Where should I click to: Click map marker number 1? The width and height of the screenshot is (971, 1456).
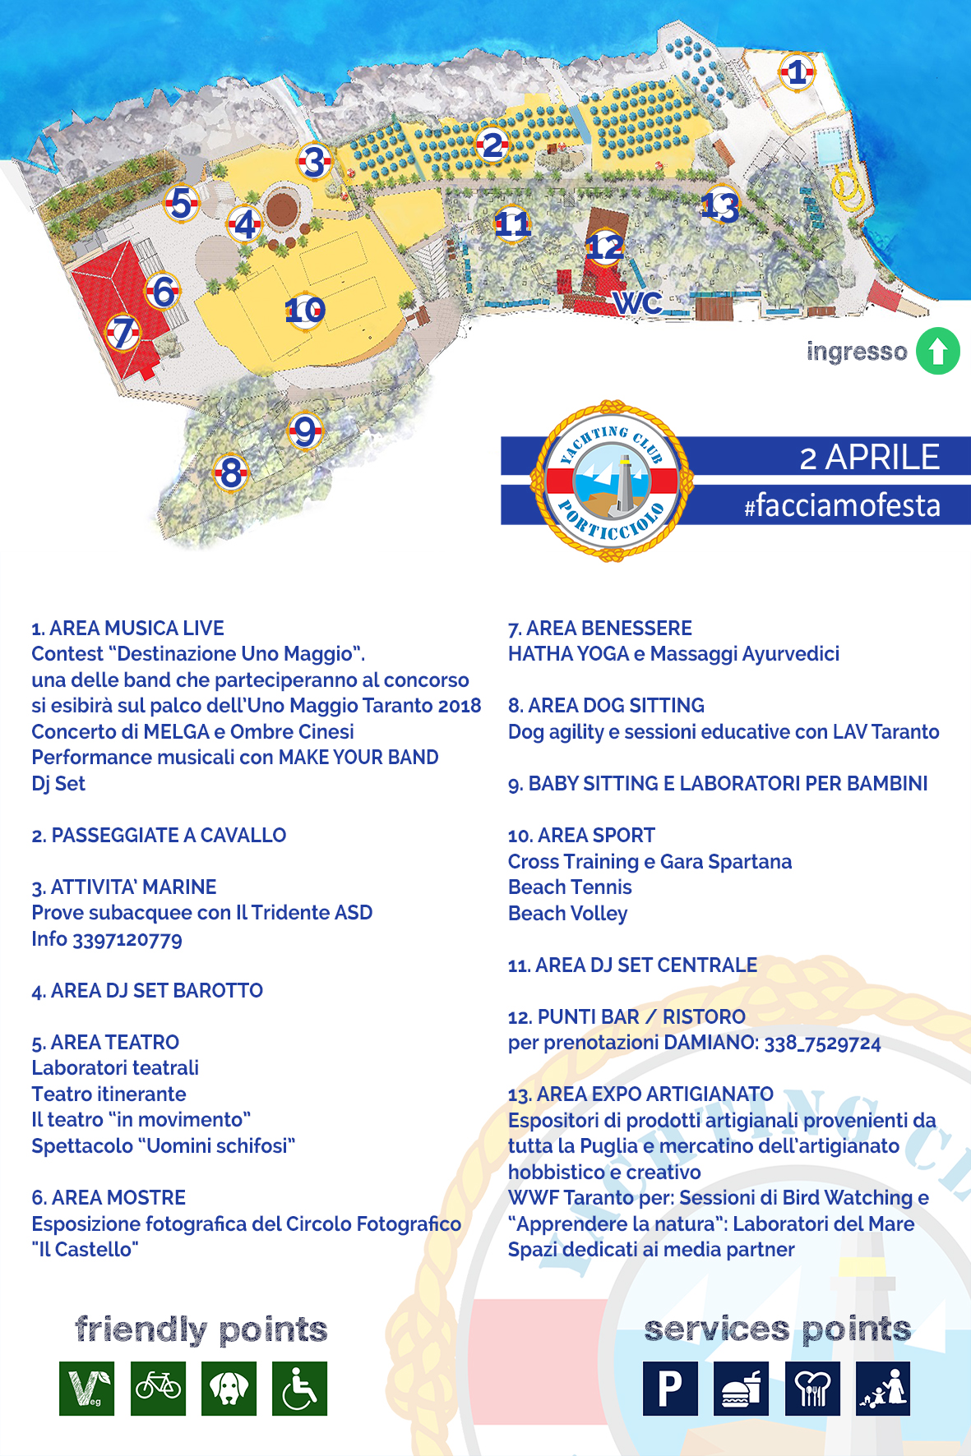[x=796, y=72]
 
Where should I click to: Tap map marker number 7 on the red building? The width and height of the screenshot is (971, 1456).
[x=123, y=333]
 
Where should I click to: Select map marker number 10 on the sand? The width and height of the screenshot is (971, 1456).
[x=305, y=311]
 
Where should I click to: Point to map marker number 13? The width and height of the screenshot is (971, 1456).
[x=720, y=205]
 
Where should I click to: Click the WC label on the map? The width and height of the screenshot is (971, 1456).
[x=637, y=303]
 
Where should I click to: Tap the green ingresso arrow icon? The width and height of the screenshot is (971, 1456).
[x=938, y=351]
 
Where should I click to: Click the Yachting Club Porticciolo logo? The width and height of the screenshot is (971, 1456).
[x=612, y=481]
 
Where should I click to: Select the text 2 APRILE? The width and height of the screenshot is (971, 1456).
[x=869, y=457]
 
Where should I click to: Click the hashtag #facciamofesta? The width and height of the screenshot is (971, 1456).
[x=842, y=505]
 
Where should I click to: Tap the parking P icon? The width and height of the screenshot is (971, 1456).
[x=670, y=1389]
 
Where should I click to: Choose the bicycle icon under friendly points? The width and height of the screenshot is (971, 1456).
[x=158, y=1389]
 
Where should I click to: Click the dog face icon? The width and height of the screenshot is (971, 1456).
[x=229, y=1389]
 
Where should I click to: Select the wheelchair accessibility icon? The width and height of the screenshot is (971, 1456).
[x=299, y=1389]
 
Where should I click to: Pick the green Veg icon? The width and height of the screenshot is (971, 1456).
[x=86, y=1389]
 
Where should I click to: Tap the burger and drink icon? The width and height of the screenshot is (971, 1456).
[x=741, y=1389]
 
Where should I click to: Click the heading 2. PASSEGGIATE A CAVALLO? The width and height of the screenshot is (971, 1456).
[x=159, y=836]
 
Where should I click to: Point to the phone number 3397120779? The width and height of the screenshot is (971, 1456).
[x=127, y=939]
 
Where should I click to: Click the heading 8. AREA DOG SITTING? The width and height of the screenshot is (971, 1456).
[x=606, y=706]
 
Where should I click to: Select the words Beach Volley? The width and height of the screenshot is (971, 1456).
[x=567, y=914]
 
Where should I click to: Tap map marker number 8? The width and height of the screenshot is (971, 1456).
[x=231, y=472]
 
